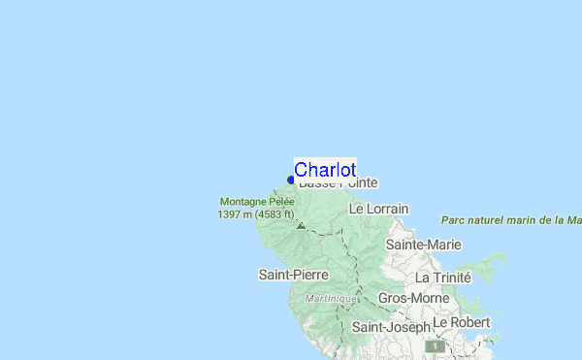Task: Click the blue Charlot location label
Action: tap(325, 170)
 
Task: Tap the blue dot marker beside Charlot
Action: tap(291, 180)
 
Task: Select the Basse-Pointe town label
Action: tap(339, 182)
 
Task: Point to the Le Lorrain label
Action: tap(378, 209)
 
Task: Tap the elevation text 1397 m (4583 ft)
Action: tap(255, 214)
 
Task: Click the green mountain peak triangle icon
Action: tap(301, 225)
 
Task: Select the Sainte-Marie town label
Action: tap(423, 245)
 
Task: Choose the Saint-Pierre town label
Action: tap(293, 275)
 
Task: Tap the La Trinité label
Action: tap(442, 278)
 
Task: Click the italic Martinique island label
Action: tap(330, 299)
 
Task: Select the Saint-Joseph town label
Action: tap(390, 328)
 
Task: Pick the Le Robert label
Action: tap(462, 321)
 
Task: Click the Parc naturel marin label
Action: tap(510, 220)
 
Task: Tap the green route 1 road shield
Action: tap(438, 345)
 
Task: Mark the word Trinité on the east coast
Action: tap(451, 278)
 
